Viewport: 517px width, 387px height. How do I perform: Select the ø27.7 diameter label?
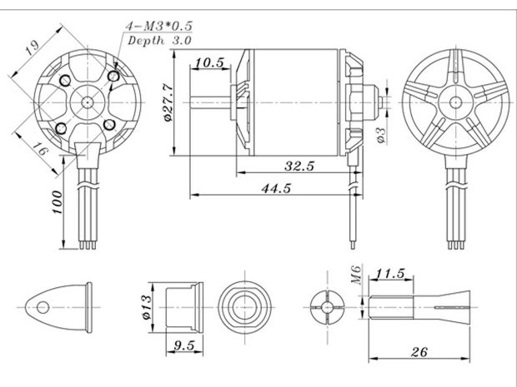click(x=168, y=102)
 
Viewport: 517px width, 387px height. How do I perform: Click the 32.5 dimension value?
click(x=298, y=166)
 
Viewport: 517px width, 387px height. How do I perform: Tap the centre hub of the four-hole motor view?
click(x=87, y=102)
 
